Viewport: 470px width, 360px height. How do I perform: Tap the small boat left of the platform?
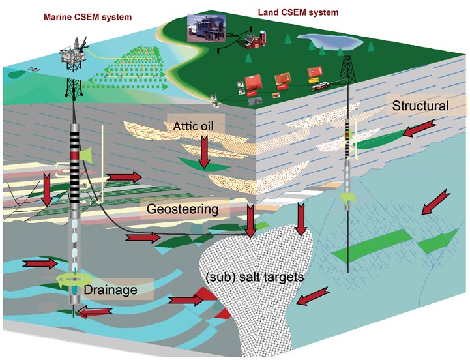click(x=35, y=68)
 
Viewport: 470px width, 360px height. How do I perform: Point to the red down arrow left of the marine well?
click(x=48, y=188)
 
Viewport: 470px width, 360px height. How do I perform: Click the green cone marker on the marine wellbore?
click(x=85, y=154)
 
